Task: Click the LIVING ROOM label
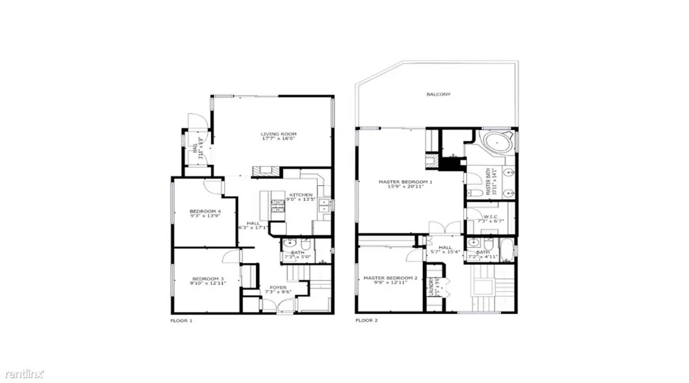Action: pos(278,134)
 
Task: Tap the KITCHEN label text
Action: pos(301,195)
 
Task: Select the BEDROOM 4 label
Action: pos(205,211)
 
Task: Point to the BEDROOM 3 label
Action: pos(208,279)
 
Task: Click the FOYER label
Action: pos(278,287)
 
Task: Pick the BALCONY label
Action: pos(438,94)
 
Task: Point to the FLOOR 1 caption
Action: pos(181,320)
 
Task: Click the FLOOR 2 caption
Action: pos(367,320)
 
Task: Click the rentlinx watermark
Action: pos(22,372)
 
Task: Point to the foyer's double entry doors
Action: pos(278,304)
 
